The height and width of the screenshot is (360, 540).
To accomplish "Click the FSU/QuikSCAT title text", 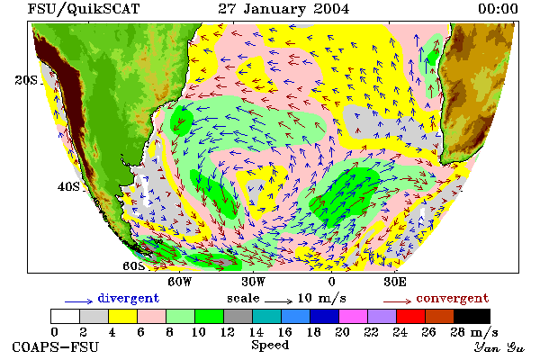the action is coord(84,9).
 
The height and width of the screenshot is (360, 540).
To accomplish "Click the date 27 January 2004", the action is coord(283,9).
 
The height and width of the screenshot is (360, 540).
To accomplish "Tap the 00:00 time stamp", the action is coord(498,9).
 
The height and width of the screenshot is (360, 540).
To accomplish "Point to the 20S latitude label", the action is coord(26,80).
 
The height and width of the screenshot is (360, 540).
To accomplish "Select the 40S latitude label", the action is coord(68,186).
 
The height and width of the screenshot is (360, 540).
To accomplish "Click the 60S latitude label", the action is coord(133,266).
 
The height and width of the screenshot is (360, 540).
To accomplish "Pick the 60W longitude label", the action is coord(180,282).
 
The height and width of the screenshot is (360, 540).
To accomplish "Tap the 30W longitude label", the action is coord(254,282).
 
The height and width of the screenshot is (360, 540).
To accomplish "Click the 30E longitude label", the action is coord(395,282).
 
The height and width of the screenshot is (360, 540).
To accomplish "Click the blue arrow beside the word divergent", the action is coord(79,301).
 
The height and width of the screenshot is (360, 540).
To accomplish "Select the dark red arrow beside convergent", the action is coord(398,301).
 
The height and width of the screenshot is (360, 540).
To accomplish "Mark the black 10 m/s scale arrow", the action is coord(279,301).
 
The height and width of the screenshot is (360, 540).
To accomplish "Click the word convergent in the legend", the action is coord(453,298).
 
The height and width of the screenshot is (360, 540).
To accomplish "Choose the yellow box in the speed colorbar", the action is coord(123,316).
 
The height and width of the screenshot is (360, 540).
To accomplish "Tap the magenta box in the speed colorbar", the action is coord(354,316).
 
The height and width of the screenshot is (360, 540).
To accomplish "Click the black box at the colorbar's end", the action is coord(472,316).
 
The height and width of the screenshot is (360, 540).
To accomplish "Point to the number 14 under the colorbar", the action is coord(256,332).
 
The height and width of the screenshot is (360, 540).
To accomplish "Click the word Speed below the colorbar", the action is coord(270,346).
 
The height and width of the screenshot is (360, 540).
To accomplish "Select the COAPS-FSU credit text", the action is coord(56,347).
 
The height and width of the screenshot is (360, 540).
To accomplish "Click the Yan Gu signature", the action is coord(499,347).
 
